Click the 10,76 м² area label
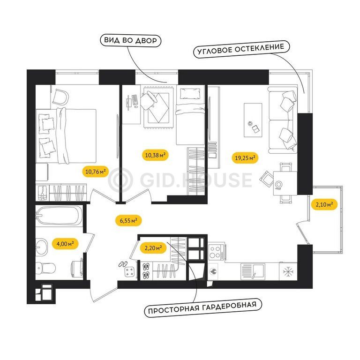[x=96, y=171]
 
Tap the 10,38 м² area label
[x=156, y=155]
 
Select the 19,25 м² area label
[x=245, y=158]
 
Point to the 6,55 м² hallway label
[x=128, y=221]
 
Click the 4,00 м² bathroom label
[x=65, y=244]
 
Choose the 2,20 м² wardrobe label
[x=153, y=248]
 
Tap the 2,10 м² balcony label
[x=324, y=204]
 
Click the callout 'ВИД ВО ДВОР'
[x=131, y=40]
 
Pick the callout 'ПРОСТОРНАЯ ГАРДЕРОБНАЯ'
[x=203, y=308]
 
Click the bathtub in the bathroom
[x=59, y=215]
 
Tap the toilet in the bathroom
[x=45, y=268]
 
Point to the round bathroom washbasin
[x=41, y=247]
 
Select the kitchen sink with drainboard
[x=253, y=271]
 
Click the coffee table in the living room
[x=253, y=120]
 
